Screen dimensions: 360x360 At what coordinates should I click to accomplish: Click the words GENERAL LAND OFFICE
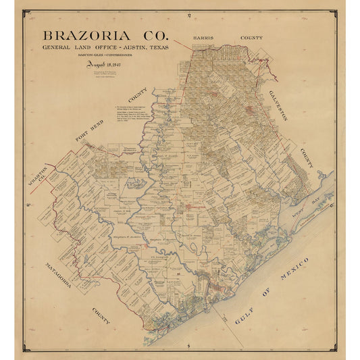click(75, 47)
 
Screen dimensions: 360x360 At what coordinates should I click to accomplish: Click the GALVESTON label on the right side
click(278, 105)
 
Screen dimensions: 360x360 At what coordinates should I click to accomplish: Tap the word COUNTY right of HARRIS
click(251, 38)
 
